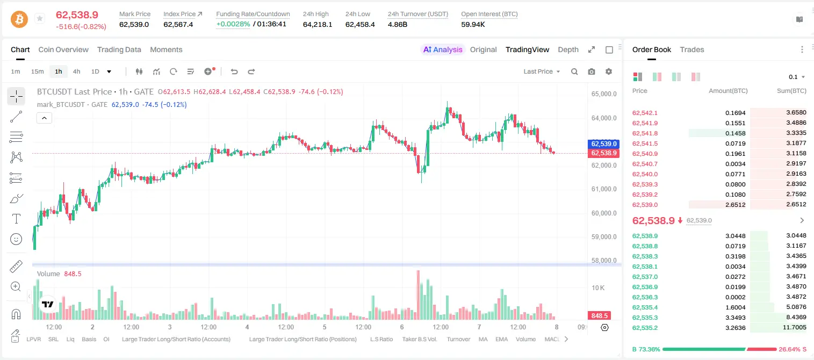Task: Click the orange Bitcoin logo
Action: click(x=19, y=19)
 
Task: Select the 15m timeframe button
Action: click(x=37, y=71)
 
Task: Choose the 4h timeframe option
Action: click(x=76, y=71)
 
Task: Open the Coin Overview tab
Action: click(x=63, y=49)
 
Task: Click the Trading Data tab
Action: click(x=119, y=49)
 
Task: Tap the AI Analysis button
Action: click(x=443, y=49)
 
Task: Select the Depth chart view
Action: click(x=568, y=49)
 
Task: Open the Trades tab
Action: click(x=692, y=49)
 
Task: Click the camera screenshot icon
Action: click(x=592, y=71)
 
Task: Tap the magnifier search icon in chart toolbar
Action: click(x=574, y=71)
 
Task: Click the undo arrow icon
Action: click(x=234, y=71)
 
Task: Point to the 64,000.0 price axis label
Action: click(x=604, y=118)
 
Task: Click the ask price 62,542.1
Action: click(x=645, y=113)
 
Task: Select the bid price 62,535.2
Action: click(x=645, y=328)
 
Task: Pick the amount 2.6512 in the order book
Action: click(x=735, y=205)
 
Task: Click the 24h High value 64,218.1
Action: click(x=317, y=24)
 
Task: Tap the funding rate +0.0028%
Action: click(x=233, y=24)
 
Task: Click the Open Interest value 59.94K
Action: click(x=473, y=24)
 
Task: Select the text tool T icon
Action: click(x=16, y=219)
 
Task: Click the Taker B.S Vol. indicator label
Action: click(x=419, y=339)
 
